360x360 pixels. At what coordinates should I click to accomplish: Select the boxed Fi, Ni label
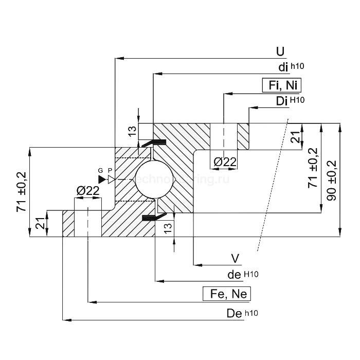(x=282, y=85)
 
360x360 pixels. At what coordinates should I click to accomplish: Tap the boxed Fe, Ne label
(x=229, y=294)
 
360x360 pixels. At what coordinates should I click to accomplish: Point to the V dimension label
(x=236, y=258)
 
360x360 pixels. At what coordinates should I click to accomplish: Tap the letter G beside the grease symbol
(x=101, y=170)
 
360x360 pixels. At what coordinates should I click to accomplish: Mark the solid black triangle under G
(x=102, y=179)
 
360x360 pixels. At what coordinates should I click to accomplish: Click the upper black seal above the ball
(x=154, y=141)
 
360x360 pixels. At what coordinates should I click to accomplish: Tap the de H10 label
(x=242, y=275)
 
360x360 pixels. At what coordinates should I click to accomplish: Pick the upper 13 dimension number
(x=132, y=132)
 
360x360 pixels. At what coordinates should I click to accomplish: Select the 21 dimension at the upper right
(x=295, y=137)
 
